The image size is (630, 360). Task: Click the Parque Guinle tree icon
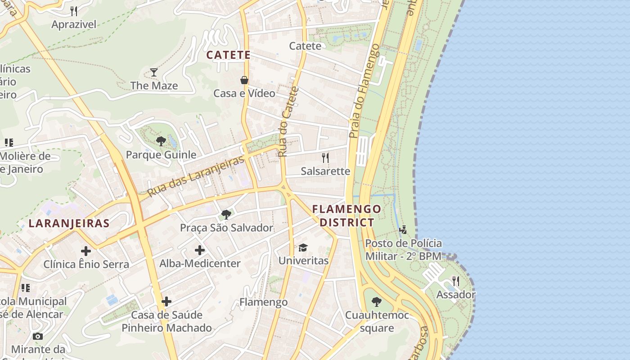pyautogui.click(x=161, y=141)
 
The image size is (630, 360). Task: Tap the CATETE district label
pyautogui.click(x=228, y=55)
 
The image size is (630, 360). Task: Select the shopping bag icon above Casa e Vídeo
pyautogui.click(x=244, y=80)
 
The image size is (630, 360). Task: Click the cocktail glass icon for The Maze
pyautogui.click(x=154, y=72)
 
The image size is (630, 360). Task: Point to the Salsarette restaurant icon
pyautogui.click(x=325, y=157)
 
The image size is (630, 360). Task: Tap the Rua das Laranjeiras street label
pyautogui.click(x=196, y=176)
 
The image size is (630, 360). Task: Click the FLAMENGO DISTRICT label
pyautogui.click(x=346, y=216)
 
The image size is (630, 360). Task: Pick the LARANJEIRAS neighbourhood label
pyautogui.click(x=69, y=223)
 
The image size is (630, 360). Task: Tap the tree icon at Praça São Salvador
pyautogui.click(x=226, y=214)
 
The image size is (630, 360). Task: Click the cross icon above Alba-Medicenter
pyautogui.click(x=200, y=250)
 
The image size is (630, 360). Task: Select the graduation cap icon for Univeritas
pyautogui.click(x=303, y=247)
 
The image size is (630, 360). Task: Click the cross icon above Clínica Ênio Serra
pyautogui.click(x=86, y=251)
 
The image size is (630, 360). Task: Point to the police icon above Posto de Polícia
pyautogui.click(x=403, y=230)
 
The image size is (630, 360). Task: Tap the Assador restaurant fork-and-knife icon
pyautogui.click(x=456, y=281)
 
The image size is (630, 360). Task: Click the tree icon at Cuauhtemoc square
pyautogui.click(x=377, y=302)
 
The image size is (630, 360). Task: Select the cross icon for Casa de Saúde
pyautogui.click(x=166, y=301)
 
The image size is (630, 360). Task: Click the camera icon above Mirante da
pyautogui.click(x=38, y=336)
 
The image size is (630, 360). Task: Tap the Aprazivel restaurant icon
pyautogui.click(x=74, y=11)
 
